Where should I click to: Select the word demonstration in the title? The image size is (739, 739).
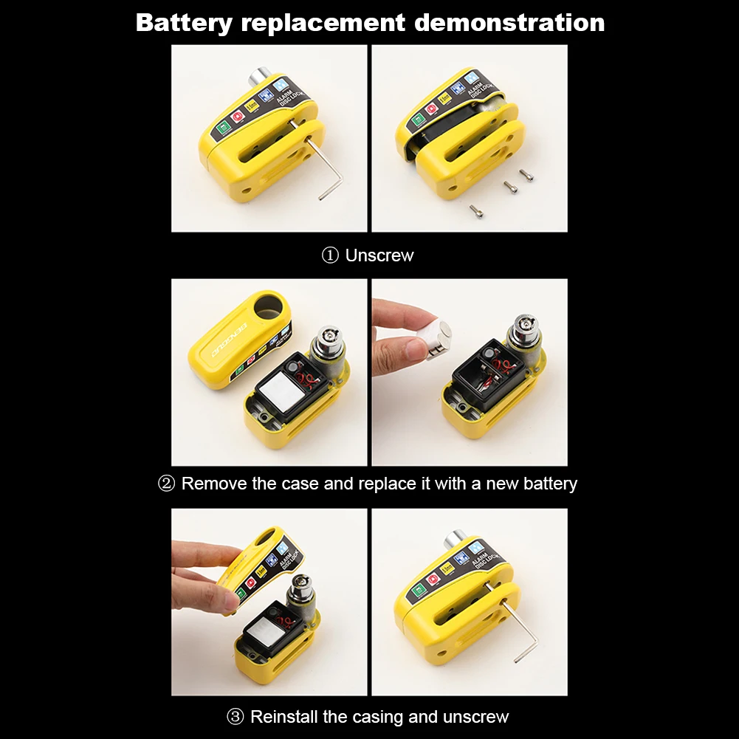(x=509, y=23)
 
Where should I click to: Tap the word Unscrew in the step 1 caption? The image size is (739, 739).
(x=379, y=256)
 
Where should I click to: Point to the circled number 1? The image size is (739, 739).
(x=329, y=256)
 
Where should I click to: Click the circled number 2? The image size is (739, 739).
(x=167, y=484)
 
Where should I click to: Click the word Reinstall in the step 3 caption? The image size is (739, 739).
(x=284, y=717)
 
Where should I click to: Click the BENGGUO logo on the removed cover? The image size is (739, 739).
(x=228, y=336)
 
